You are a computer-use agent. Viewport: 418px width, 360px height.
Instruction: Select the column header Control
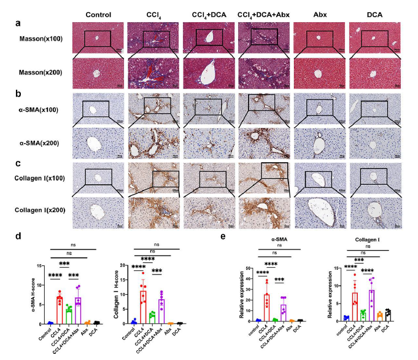tap(98, 14)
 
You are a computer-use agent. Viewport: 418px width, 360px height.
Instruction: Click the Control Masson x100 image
tap(98, 37)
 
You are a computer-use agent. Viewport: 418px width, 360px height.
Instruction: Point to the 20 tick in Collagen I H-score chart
tap(120, 265)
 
